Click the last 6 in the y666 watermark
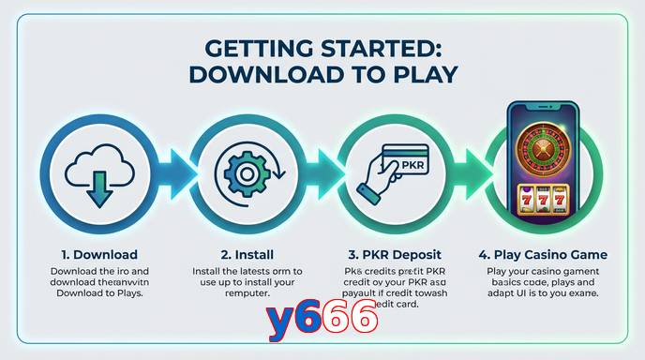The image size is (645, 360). click(x=363, y=320)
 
